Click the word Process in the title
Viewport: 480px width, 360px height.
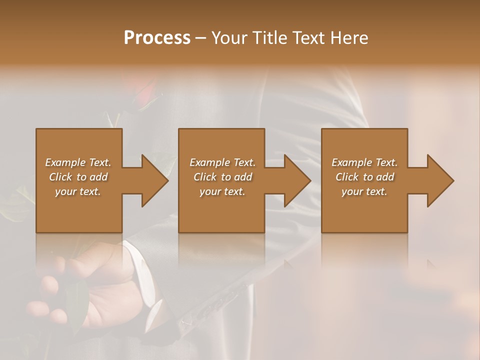tap(157, 38)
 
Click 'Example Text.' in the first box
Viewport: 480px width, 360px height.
tap(78, 162)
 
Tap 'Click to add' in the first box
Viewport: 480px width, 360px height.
tap(78, 177)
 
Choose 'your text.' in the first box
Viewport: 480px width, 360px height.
tap(78, 191)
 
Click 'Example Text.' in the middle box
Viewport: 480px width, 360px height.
tap(222, 162)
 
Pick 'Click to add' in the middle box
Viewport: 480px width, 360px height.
tap(222, 177)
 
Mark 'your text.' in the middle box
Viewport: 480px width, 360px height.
tap(222, 191)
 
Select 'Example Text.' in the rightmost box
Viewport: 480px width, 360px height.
tap(364, 162)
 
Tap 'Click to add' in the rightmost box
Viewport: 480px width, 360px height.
tap(364, 177)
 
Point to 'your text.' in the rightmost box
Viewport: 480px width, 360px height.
tap(364, 191)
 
